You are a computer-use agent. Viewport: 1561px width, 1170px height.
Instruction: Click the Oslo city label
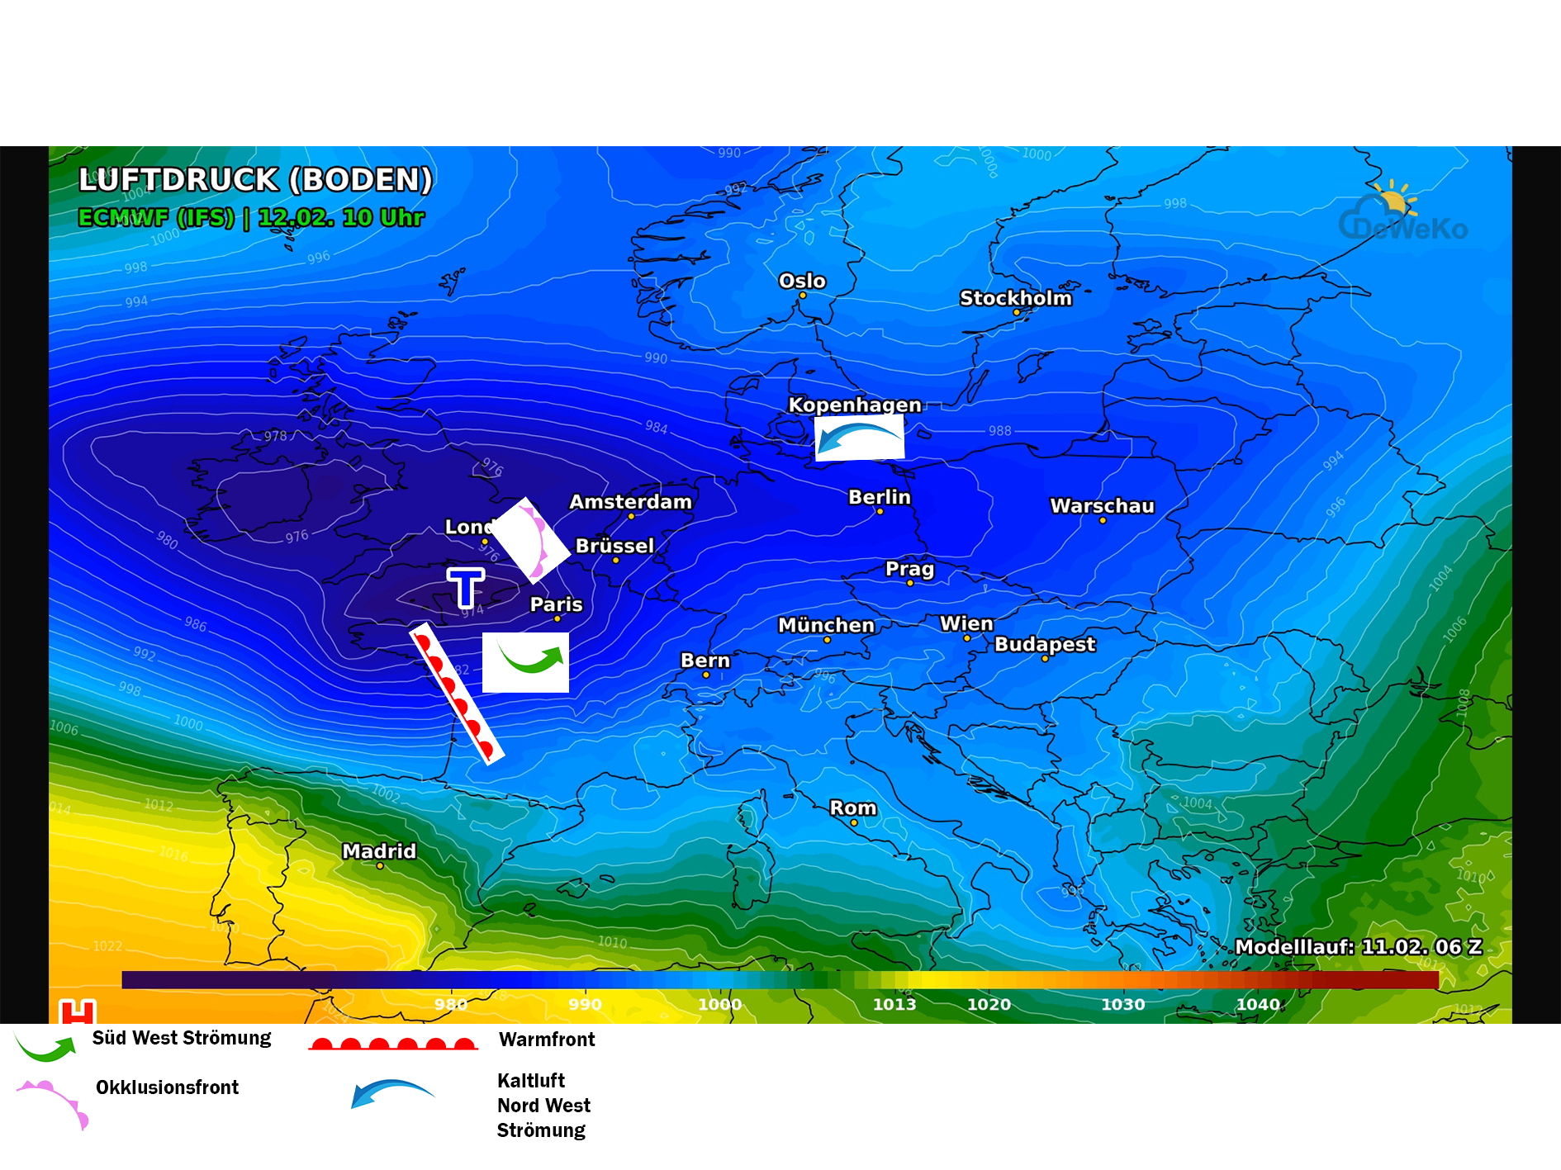point(802,281)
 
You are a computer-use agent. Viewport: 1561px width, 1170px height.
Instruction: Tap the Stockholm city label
point(1015,298)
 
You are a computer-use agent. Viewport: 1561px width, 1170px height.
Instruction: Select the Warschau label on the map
point(1102,505)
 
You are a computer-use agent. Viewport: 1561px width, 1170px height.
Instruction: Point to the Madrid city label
point(379,850)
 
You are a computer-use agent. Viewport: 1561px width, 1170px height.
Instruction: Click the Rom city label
point(852,808)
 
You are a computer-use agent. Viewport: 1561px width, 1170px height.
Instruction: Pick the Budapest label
point(1045,644)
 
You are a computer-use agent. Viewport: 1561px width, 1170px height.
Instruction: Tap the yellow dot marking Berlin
point(880,512)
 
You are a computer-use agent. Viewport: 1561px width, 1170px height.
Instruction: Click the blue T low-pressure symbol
point(466,587)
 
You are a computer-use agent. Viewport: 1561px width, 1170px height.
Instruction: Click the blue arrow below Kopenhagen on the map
point(859,438)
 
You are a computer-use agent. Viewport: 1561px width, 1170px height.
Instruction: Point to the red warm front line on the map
point(456,694)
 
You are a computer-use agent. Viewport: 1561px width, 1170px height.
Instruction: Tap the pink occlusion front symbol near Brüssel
point(534,542)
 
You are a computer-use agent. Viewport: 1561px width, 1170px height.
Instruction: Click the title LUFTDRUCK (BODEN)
point(255,180)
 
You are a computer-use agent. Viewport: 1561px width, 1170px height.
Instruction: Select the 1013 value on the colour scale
point(894,1004)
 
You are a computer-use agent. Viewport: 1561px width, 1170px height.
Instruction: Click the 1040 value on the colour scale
point(1257,1004)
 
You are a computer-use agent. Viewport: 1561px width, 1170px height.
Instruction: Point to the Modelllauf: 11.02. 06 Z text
point(1358,947)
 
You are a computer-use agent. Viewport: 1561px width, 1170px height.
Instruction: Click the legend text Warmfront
point(547,1040)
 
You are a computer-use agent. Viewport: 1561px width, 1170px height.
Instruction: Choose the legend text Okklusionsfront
point(167,1087)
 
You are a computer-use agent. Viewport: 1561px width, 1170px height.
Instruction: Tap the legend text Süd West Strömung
point(182,1038)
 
